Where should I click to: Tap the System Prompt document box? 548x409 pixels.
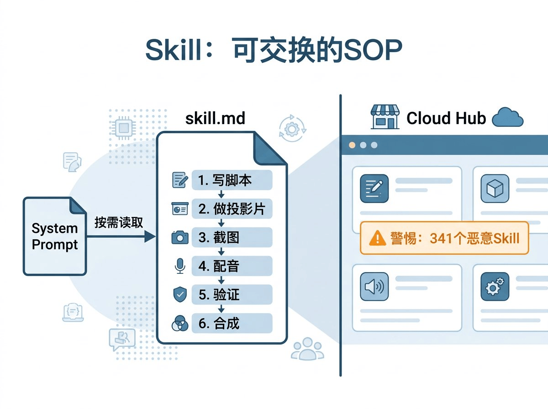(x=55, y=236)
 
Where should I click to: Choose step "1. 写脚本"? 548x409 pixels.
(x=232, y=180)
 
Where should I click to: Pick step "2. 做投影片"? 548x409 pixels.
(x=232, y=209)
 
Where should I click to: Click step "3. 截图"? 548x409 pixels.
(x=232, y=237)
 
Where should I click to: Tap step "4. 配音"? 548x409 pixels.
(x=232, y=266)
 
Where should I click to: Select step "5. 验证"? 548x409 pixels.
(x=232, y=294)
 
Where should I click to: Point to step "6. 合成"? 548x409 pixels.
(x=232, y=323)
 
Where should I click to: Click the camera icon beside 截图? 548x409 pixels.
(x=180, y=237)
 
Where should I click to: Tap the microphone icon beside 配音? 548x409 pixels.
(x=180, y=266)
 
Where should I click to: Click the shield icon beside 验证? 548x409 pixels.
(x=180, y=294)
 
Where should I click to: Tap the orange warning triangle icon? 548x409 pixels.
(x=377, y=238)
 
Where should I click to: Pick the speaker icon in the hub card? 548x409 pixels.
(x=374, y=287)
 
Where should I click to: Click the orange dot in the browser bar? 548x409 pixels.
(x=352, y=145)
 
